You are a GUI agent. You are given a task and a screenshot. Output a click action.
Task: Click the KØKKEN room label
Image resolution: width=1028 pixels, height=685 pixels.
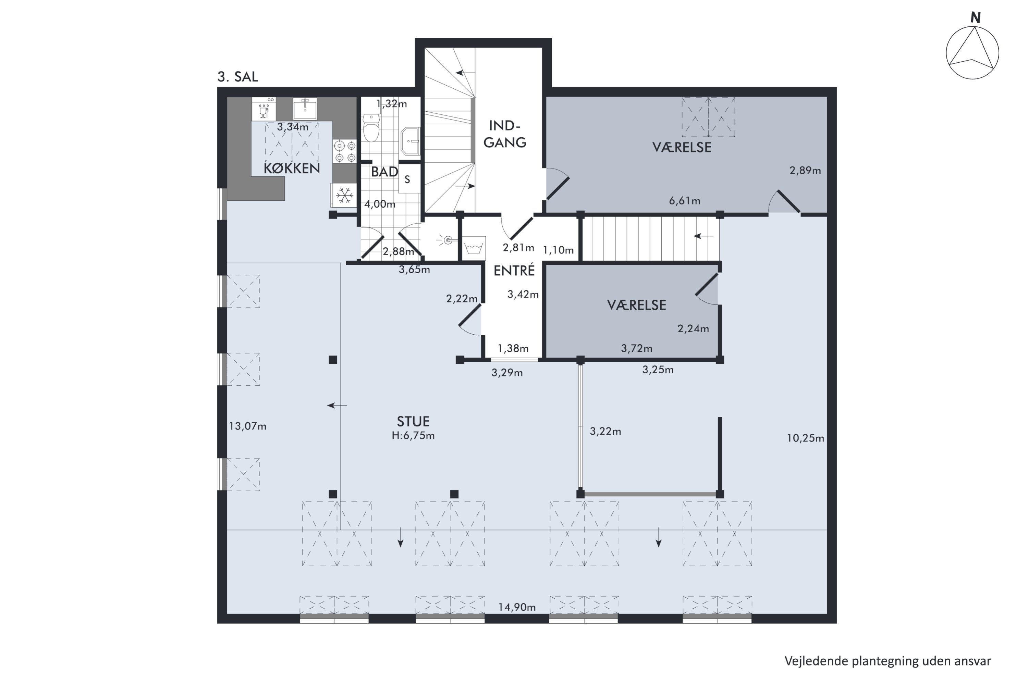tap(292, 169)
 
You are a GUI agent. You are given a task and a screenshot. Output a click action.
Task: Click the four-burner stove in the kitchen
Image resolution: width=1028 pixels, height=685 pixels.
tap(345, 151)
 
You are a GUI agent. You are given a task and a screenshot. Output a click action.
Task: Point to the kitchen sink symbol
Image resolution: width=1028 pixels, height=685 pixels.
tap(305, 108)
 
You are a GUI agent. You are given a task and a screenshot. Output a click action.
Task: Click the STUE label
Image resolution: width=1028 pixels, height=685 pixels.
tap(413, 422)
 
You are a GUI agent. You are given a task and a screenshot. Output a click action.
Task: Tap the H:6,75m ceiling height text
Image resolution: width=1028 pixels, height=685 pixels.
tap(413, 436)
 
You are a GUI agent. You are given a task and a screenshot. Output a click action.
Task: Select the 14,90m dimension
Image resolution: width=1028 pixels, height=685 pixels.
tap(517, 607)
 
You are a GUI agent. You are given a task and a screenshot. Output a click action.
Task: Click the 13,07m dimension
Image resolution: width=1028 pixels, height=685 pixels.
tap(248, 426)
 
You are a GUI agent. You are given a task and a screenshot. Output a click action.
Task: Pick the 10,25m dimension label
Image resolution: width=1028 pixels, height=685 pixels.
tap(806, 438)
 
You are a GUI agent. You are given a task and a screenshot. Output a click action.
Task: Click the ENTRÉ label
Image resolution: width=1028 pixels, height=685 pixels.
tap(514, 271)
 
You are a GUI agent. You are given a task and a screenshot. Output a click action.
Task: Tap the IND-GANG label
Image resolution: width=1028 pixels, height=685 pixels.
tap(505, 134)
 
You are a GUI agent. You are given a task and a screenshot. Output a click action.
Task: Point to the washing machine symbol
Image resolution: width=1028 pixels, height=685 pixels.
tap(474, 248)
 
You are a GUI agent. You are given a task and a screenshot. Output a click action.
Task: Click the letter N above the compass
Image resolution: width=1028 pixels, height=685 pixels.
tap(976, 18)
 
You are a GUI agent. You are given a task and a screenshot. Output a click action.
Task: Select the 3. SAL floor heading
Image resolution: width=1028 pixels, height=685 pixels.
tap(238, 77)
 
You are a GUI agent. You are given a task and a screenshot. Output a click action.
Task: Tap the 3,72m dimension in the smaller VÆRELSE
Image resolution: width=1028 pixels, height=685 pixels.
tap(636, 349)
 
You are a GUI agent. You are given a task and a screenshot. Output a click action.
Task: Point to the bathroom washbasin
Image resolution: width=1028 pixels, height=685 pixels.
tap(411, 141)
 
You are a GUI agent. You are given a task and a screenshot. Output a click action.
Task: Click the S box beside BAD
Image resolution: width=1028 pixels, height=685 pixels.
tap(407, 179)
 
